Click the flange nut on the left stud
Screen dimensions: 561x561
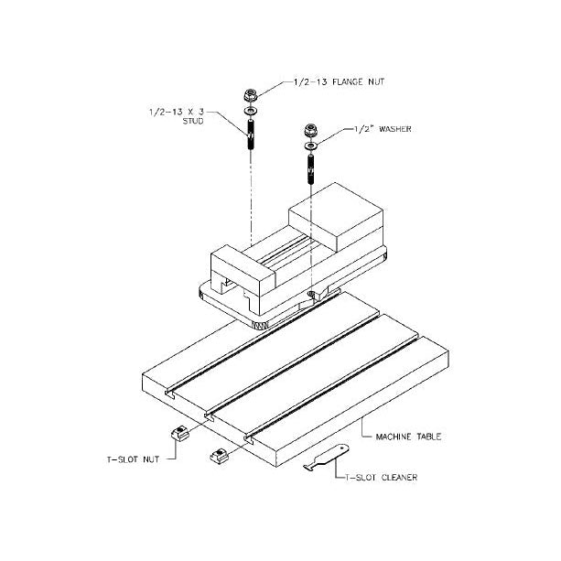[250, 95]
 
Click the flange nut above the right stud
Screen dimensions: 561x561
[309, 131]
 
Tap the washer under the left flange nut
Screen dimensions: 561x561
[250, 112]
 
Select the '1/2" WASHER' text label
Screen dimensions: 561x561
[383, 129]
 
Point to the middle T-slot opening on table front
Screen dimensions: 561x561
[209, 417]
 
